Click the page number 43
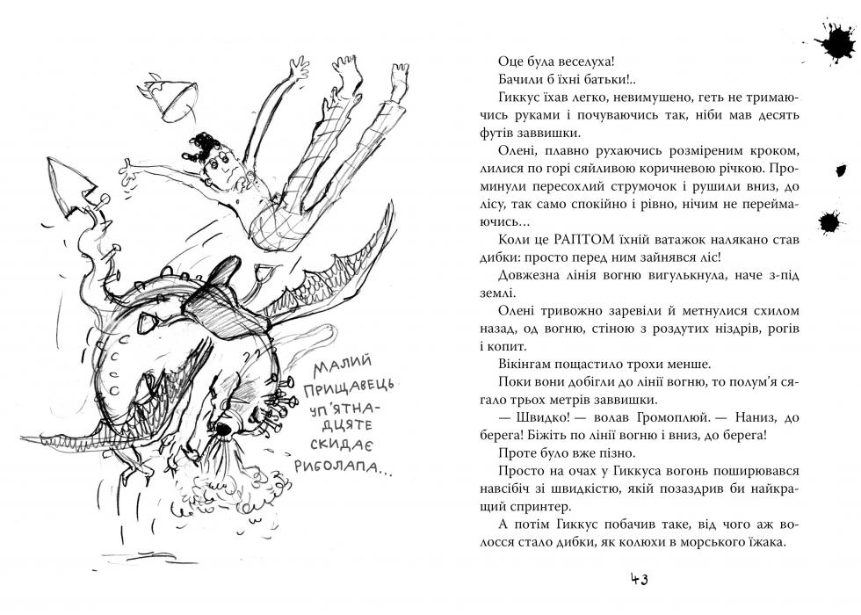tap(639, 580)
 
